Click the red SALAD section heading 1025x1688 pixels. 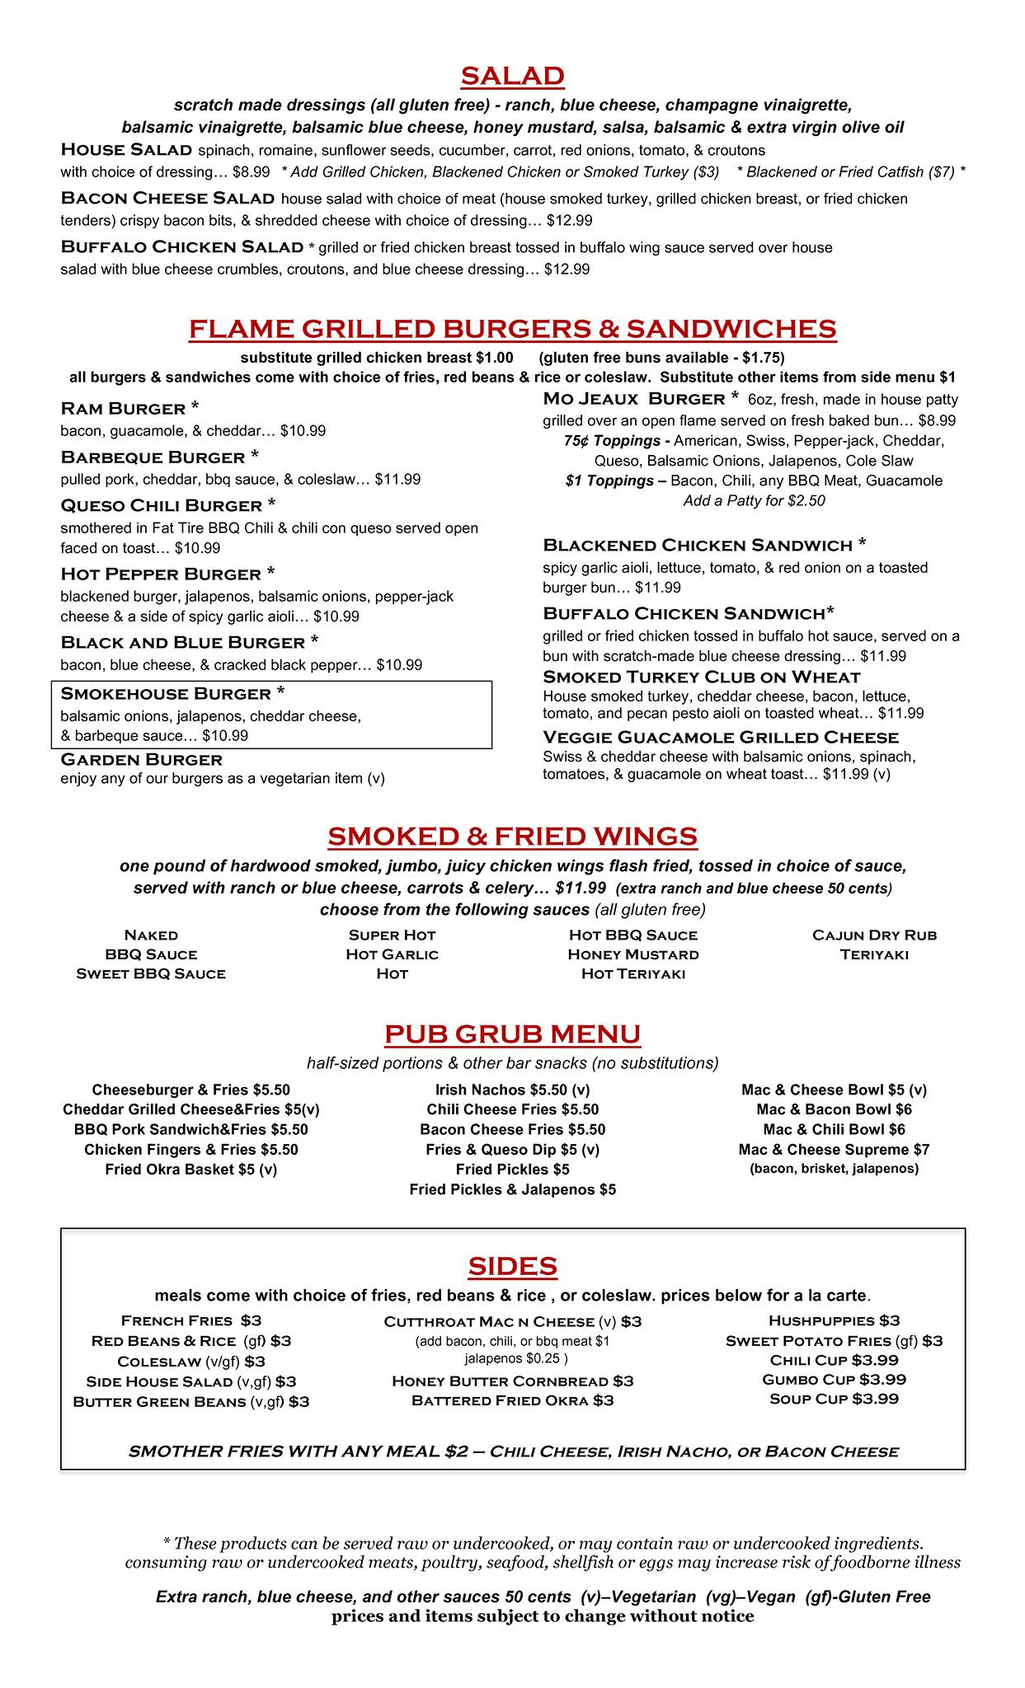click(512, 76)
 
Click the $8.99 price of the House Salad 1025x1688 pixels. click(251, 172)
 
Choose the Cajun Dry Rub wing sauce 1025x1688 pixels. click(874, 935)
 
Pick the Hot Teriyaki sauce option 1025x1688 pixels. click(632, 973)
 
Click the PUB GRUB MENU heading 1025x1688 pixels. click(512, 1034)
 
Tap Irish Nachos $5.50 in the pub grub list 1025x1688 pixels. click(512, 1090)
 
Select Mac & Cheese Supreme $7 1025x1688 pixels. click(834, 1149)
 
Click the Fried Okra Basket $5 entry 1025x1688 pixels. click(190, 1169)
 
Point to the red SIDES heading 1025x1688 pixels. click(512, 1266)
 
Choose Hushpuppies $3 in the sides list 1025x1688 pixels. click(834, 1320)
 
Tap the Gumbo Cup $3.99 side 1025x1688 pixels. click(834, 1379)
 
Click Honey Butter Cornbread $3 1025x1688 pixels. click(512, 1381)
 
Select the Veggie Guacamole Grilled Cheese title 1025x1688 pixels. click(721, 737)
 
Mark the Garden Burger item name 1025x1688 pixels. click(142, 759)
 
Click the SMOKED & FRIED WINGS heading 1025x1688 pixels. click(512, 836)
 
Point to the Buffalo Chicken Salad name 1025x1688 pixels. click(182, 246)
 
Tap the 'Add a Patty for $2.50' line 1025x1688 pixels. click(754, 500)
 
